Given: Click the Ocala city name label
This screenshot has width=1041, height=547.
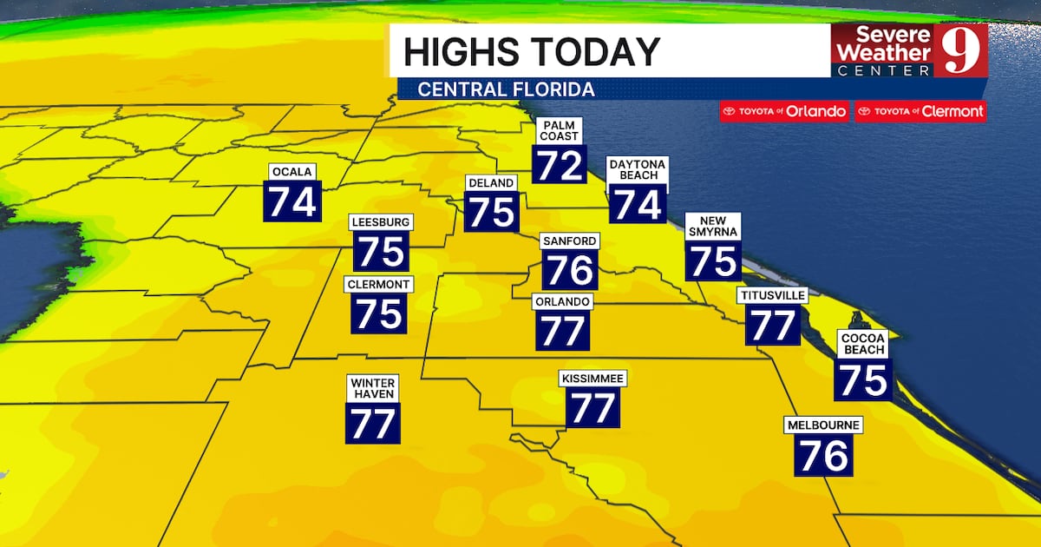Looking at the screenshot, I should [x=292, y=171].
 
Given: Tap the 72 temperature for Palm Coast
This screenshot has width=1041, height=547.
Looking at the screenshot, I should [x=559, y=165].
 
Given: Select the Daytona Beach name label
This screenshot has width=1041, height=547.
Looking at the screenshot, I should [x=638, y=169].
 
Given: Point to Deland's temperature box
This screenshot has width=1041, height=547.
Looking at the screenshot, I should [x=492, y=212].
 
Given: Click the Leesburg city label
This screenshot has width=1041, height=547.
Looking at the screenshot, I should [x=380, y=222].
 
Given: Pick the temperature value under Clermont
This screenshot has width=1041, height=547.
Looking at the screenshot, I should [x=379, y=313].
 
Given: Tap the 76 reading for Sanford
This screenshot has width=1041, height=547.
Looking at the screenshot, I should [x=570, y=271].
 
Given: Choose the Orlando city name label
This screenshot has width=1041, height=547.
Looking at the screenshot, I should [x=563, y=301].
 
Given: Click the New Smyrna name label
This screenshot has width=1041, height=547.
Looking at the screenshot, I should [x=712, y=226].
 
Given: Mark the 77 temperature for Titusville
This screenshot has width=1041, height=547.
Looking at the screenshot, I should [x=772, y=326].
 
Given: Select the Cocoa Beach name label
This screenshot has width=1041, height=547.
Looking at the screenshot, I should [x=862, y=343].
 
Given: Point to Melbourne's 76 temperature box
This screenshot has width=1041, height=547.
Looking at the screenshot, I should [x=822, y=455].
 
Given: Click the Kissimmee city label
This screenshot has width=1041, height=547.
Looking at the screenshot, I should [x=593, y=379].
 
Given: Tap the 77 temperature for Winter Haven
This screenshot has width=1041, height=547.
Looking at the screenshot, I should [x=374, y=423].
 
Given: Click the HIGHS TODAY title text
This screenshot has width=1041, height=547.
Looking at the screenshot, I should [x=531, y=51].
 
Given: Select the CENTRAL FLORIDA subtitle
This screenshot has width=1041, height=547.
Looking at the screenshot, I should [x=506, y=89].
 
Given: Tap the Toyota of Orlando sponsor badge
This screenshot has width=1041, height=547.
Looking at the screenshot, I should [x=784, y=111].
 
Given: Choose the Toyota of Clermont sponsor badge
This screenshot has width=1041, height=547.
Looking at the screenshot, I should [x=920, y=111].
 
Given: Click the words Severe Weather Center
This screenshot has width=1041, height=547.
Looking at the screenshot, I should [x=884, y=50].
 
